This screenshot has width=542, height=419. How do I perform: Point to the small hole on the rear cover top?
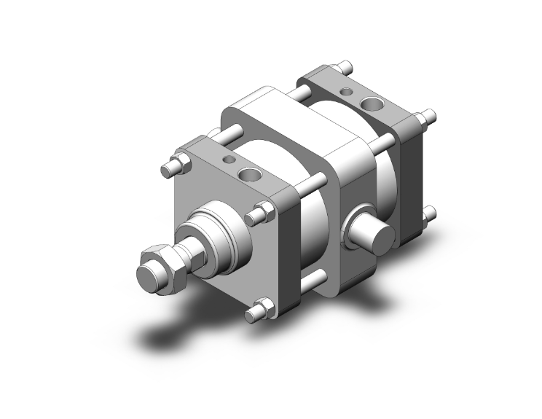tap(347, 93)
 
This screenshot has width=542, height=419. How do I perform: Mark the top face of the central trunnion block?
tap(291, 117)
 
